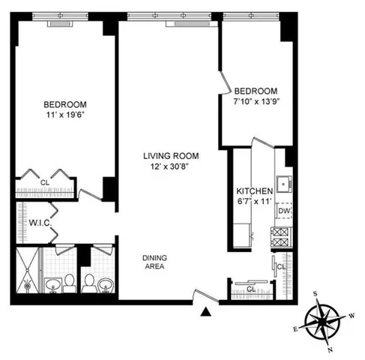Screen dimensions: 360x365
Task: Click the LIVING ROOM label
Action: tap(168, 156)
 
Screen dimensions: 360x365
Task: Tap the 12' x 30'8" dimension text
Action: tap(168, 167)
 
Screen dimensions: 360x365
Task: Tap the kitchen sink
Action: tap(284, 182)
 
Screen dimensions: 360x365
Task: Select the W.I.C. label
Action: tap(39, 222)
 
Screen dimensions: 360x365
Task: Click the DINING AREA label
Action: tap(155, 262)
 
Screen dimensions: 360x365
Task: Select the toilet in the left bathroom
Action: tap(68, 283)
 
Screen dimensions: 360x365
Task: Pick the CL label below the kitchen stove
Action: tap(282, 267)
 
